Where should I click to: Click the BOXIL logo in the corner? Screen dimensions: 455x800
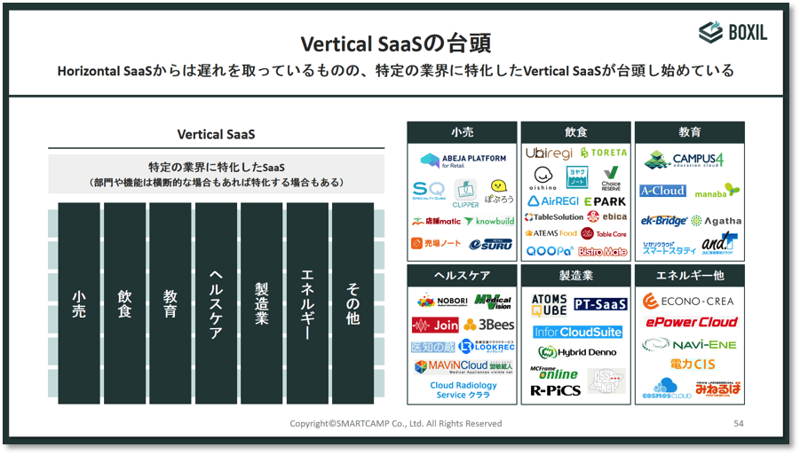(733, 33)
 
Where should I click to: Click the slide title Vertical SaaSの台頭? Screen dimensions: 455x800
(396, 43)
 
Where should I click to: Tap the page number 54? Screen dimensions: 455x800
(738, 423)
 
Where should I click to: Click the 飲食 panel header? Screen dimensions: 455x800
(575, 132)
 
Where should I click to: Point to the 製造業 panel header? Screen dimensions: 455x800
(575, 276)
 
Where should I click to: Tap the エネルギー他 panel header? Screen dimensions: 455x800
(689, 276)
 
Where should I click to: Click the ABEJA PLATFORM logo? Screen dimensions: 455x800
(463, 161)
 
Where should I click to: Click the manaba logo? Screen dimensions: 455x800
(717, 191)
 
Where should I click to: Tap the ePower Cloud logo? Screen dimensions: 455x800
(691, 322)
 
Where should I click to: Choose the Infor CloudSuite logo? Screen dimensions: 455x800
(577, 332)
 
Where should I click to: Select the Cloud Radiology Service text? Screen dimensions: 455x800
(463, 390)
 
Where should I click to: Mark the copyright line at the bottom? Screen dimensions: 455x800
(395, 423)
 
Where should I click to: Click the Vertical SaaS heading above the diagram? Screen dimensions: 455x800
(216, 135)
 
